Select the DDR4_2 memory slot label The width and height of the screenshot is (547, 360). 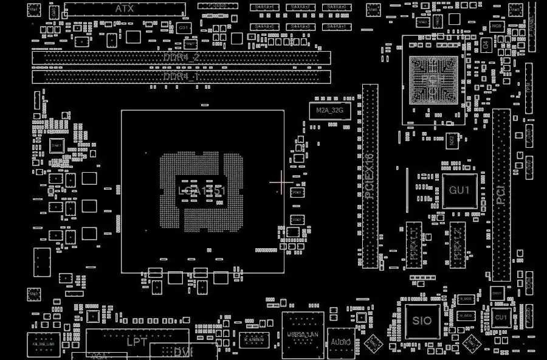[181, 57]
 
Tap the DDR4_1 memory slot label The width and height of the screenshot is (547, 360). [181, 77]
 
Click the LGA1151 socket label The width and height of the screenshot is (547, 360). [202, 191]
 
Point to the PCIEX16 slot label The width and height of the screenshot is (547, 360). [370, 176]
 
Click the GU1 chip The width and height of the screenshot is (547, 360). [459, 190]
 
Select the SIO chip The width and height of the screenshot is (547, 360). [422, 320]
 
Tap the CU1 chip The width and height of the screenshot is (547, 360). [501, 317]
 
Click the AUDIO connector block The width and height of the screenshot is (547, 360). [341, 343]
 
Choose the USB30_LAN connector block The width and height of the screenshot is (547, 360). [304, 334]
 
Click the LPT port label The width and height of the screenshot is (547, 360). [136, 342]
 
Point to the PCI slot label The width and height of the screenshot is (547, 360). [501, 195]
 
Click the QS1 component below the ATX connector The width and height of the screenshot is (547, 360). [184, 28]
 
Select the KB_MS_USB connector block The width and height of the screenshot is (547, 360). [43, 344]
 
